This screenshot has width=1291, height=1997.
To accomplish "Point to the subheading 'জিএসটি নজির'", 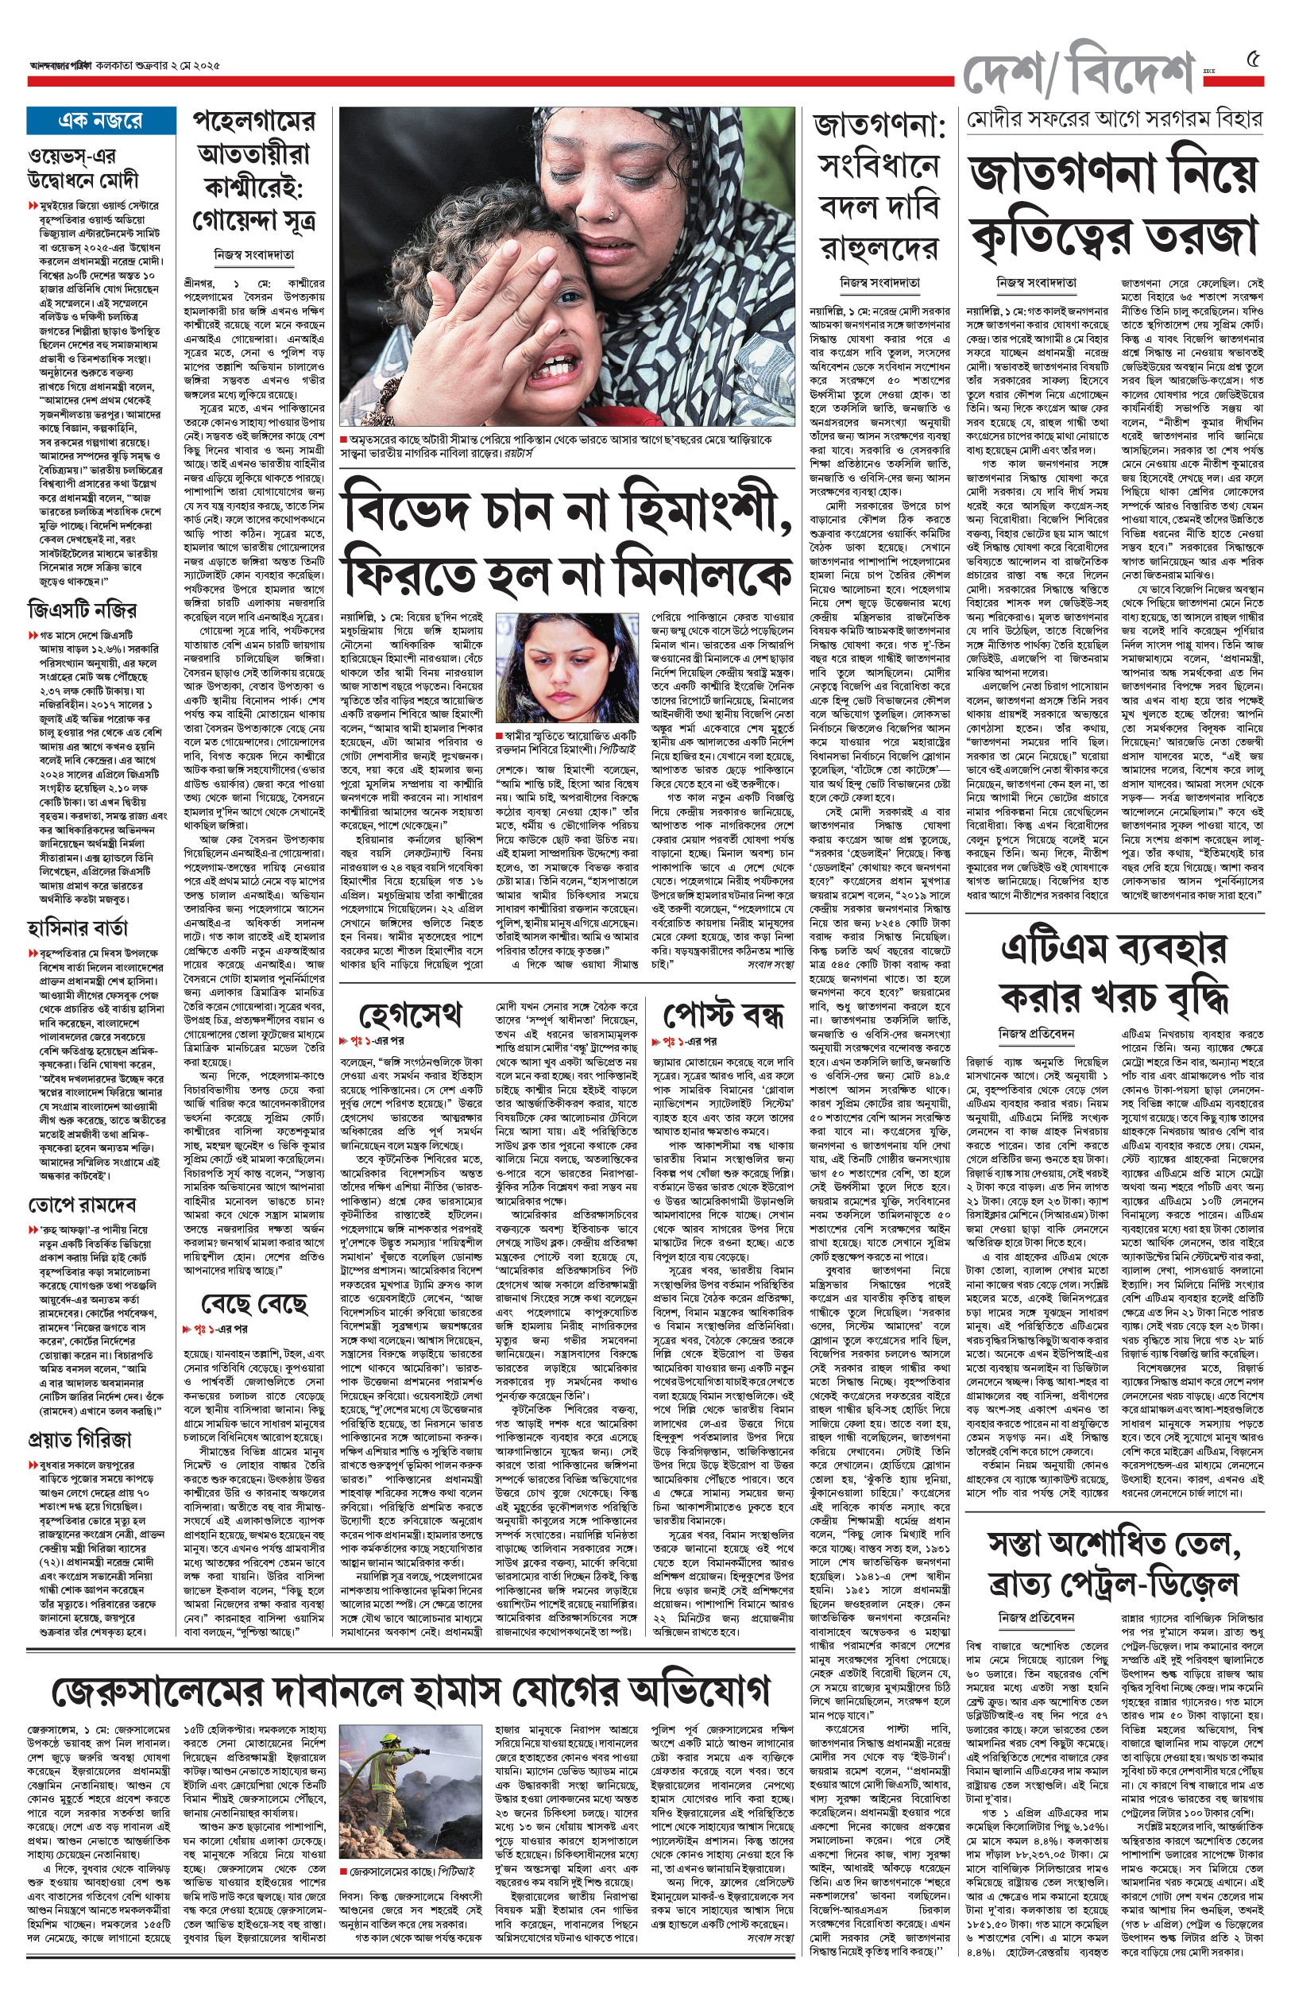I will click(82, 610).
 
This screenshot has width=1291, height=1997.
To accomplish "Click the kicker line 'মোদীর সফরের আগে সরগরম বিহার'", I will click(1113, 120).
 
